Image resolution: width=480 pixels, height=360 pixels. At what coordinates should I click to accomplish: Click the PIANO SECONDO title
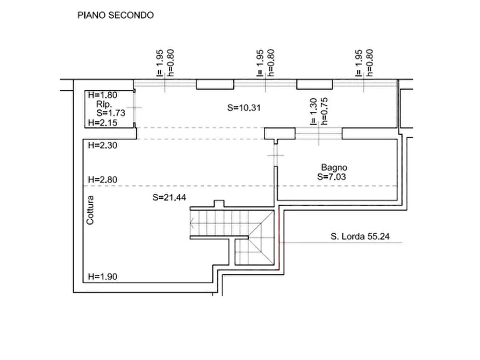pyautogui.click(x=116, y=15)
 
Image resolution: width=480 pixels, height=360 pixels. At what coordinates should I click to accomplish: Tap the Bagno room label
pyautogui.click(x=334, y=168)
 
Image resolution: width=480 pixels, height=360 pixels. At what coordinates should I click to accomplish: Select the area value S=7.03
pyautogui.click(x=332, y=177)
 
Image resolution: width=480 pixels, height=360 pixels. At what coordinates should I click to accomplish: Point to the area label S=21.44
pyautogui.click(x=169, y=197)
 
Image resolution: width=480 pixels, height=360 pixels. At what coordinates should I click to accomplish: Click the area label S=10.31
pyautogui.click(x=244, y=108)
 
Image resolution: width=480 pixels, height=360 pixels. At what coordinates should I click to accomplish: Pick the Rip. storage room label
pyautogui.click(x=104, y=104)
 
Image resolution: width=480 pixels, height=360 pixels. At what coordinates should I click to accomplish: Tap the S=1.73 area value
pyautogui.click(x=111, y=113)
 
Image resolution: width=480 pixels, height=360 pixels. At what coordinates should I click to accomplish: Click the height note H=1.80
pyautogui.click(x=103, y=95)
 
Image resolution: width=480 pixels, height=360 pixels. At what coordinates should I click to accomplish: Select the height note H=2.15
pyautogui.click(x=103, y=123)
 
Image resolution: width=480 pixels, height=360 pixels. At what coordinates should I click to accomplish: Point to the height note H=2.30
pyautogui.click(x=103, y=145)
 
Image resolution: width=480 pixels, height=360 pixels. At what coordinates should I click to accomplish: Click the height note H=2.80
pyautogui.click(x=103, y=179)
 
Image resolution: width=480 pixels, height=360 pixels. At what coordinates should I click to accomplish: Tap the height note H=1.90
pyautogui.click(x=103, y=276)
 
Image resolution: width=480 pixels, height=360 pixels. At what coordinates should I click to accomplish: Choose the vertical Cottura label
pyautogui.click(x=90, y=210)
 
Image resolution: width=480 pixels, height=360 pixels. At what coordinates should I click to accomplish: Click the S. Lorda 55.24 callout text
pyautogui.click(x=360, y=236)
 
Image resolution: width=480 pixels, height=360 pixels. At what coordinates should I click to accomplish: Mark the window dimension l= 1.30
pyautogui.click(x=313, y=112)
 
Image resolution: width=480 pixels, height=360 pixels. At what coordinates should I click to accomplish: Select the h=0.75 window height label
pyautogui.click(x=325, y=111)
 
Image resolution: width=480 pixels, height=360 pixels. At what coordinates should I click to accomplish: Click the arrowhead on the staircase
pyautogui.click(x=192, y=223)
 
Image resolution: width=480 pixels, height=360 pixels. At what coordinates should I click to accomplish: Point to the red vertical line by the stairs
pyautogui.click(x=280, y=238)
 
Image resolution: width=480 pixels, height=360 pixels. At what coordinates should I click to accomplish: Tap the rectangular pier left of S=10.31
pyautogui.click(x=215, y=84)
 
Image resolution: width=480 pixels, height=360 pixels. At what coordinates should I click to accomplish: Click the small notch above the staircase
pyautogui.click(x=219, y=204)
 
